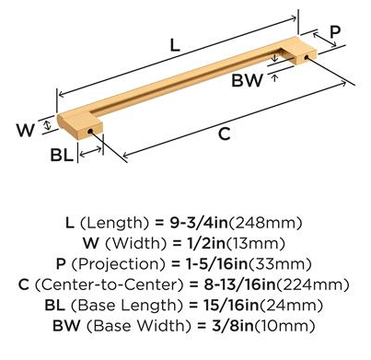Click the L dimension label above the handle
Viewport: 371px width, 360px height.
click(x=175, y=45)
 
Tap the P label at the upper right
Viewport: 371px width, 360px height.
click(x=335, y=31)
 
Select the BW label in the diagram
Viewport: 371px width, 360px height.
click(x=248, y=80)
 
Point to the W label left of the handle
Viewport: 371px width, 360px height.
click(x=25, y=130)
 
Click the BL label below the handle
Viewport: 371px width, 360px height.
click(x=62, y=155)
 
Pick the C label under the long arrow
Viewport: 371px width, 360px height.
click(x=225, y=134)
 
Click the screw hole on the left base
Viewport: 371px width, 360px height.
click(x=90, y=132)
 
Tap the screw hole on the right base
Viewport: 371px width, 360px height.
click(x=306, y=57)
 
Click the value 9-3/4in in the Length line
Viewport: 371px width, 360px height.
click(x=199, y=223)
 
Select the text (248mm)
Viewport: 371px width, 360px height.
click(x=265, y=223)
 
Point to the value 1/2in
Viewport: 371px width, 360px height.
click(x=205, y=243)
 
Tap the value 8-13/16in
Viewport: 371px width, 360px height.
click(x=239, y=285)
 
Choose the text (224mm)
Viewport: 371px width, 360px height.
click(x=313, y=285)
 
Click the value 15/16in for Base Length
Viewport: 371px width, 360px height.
click(x=231, y=305)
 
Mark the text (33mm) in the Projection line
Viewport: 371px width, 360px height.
click(x=280, y=264)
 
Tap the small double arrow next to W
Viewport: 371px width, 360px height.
click(x=47, y=125)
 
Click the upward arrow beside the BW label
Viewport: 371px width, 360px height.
click(x=275, y=78)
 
